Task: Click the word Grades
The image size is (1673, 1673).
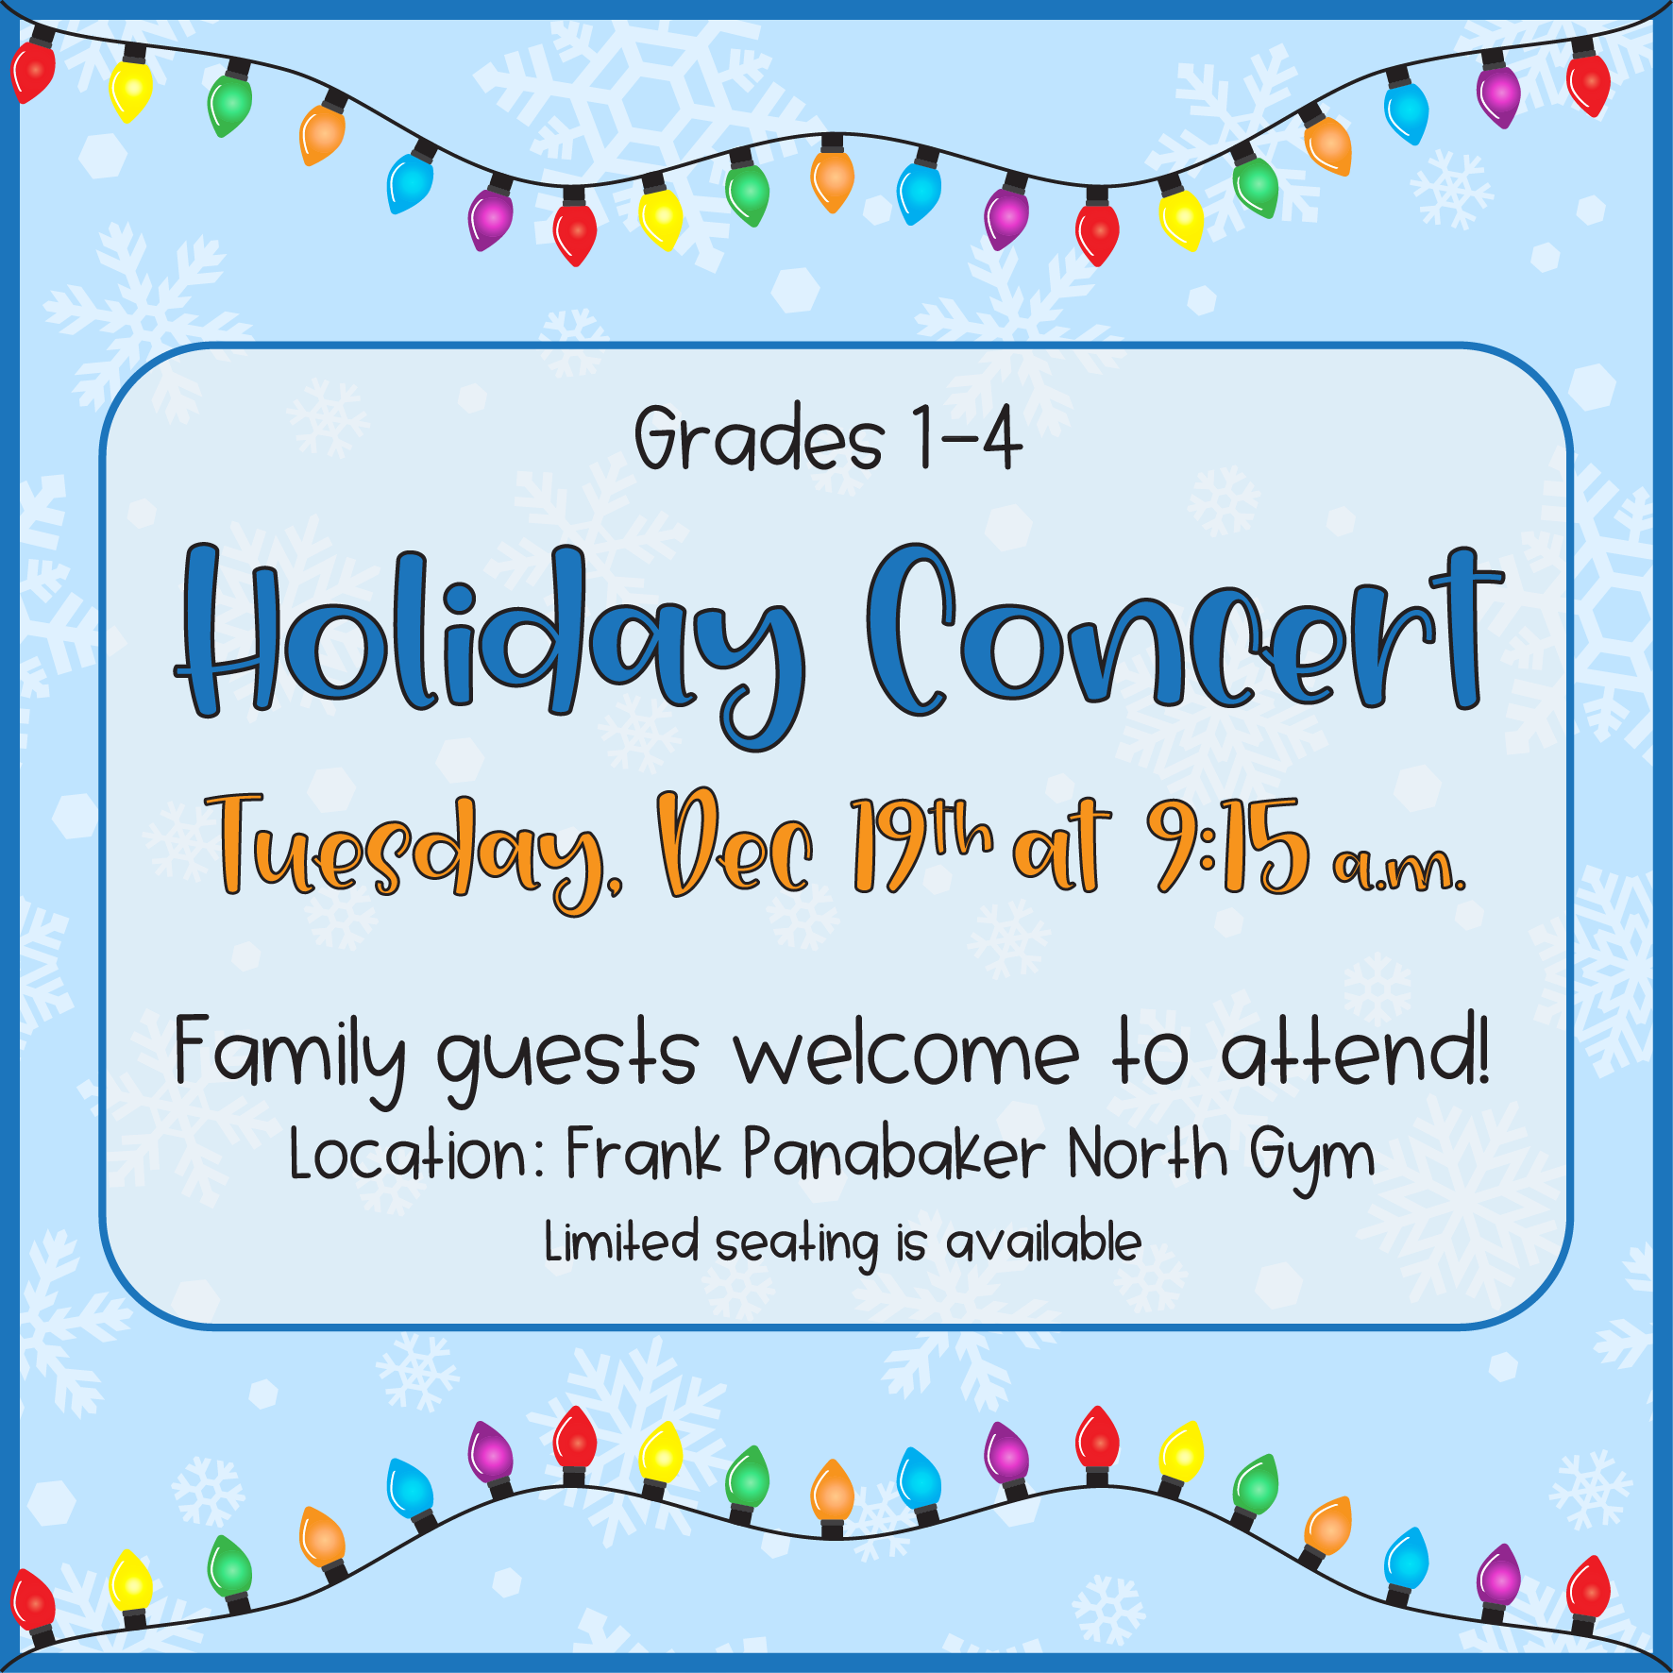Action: click(759, 437)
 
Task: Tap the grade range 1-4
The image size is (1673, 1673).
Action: click(968, 437)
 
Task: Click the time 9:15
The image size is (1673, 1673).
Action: click(1228, 845)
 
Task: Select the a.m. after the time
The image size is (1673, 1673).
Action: click(1399, 869)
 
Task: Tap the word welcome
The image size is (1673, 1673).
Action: click(906, 1053)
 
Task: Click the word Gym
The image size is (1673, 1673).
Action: click(1312, 1159)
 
